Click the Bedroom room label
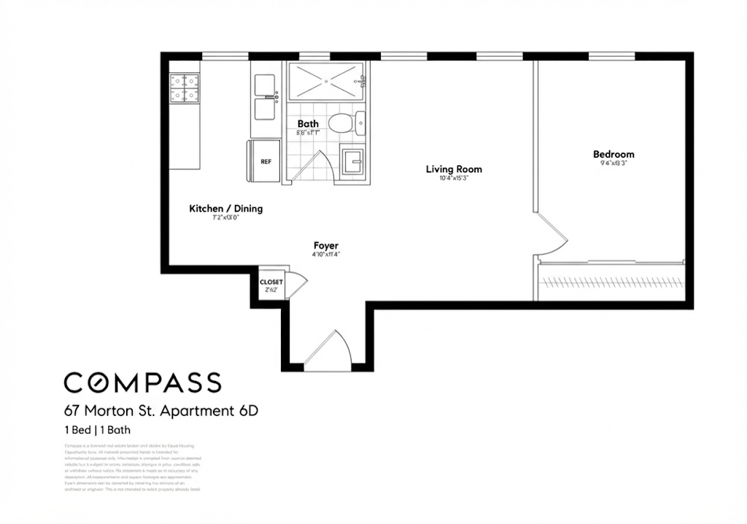coord(613,154)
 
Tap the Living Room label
coord(454,169)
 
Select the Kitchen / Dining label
coord(225,209)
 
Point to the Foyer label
coord(325,246)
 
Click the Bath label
coord(307,124)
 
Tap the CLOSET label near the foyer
coord(271,282)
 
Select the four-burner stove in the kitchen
coord(185,88)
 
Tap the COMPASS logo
coord(142,382)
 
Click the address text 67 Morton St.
coord(160,411)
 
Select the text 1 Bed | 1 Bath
coord(97,430)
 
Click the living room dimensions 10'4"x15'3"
coord(453,179)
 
